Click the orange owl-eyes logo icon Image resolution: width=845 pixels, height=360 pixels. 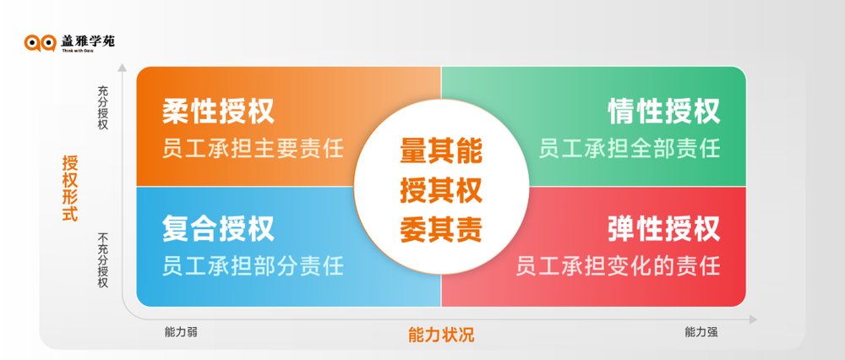point(41,42)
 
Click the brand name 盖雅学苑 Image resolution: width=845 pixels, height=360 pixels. point(88,41)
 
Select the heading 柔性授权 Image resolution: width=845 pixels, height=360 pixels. point(218,111)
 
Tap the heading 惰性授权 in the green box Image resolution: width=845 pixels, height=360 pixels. point(664,111)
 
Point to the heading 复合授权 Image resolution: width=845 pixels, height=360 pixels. point(218,228)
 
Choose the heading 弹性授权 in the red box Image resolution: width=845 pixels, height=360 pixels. point(664,228)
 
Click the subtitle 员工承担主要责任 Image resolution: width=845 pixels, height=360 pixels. point(253,148)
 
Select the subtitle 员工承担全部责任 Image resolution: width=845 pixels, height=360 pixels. point(630,148)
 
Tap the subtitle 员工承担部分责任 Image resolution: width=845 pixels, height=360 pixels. point(253,265)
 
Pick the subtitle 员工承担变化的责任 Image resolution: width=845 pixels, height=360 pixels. point(619,265)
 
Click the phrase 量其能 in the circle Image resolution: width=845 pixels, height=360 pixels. point(441,150)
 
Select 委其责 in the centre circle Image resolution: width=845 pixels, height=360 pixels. point(441,230)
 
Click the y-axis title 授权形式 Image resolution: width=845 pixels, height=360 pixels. point(70,188)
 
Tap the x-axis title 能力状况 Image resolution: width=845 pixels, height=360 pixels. point(441,335)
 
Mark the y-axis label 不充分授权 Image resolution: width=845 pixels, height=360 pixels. point(103,260)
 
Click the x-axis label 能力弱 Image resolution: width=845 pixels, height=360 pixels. point(181,332)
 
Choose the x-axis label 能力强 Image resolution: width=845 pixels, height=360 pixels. point(701,332)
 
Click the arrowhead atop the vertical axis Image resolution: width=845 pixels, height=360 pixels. point(123,68)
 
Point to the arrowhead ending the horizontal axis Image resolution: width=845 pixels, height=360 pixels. point(753,319)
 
